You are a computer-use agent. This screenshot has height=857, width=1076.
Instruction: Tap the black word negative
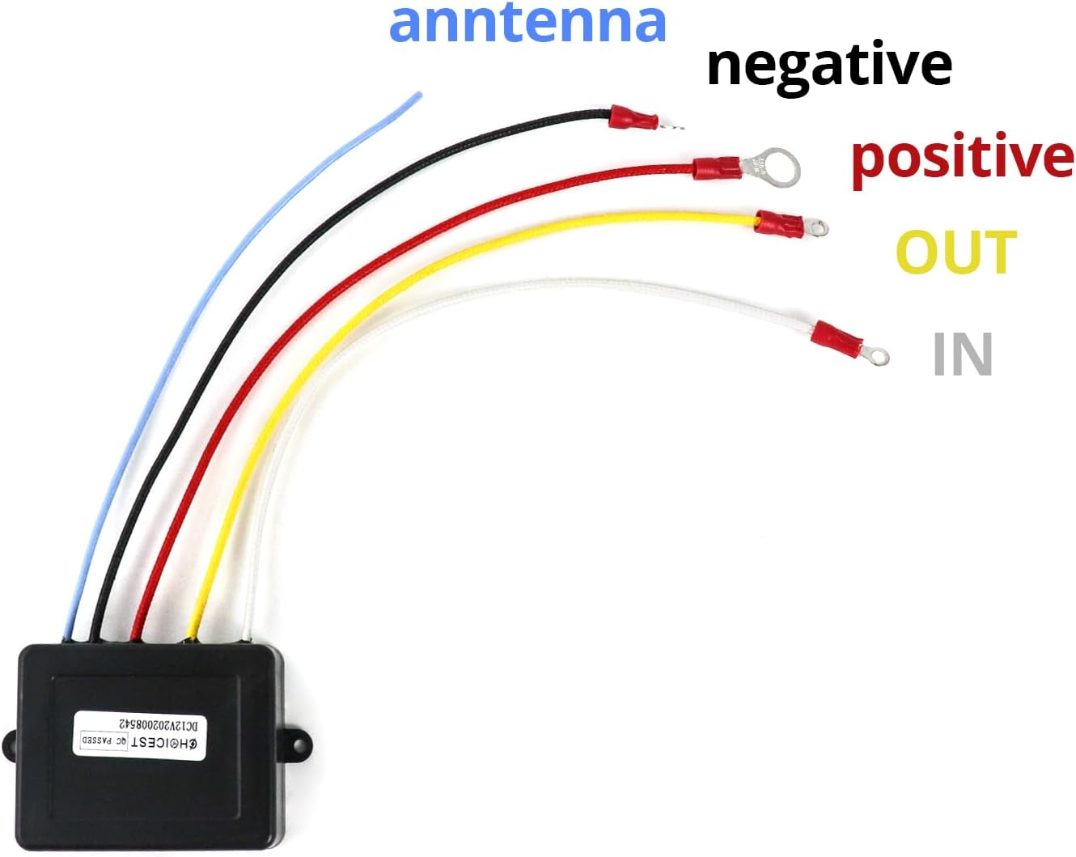tap(828, 66)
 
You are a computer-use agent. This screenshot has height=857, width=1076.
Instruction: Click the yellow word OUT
tap(955, 252)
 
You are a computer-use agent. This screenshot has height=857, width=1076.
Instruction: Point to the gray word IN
tap(962, 354)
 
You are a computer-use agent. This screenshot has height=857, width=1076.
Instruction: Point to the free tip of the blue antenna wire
tap(418, 95)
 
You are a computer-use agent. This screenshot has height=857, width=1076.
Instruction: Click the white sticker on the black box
tap(140, 733)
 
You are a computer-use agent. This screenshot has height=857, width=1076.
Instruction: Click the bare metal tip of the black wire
tap(672, 125)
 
